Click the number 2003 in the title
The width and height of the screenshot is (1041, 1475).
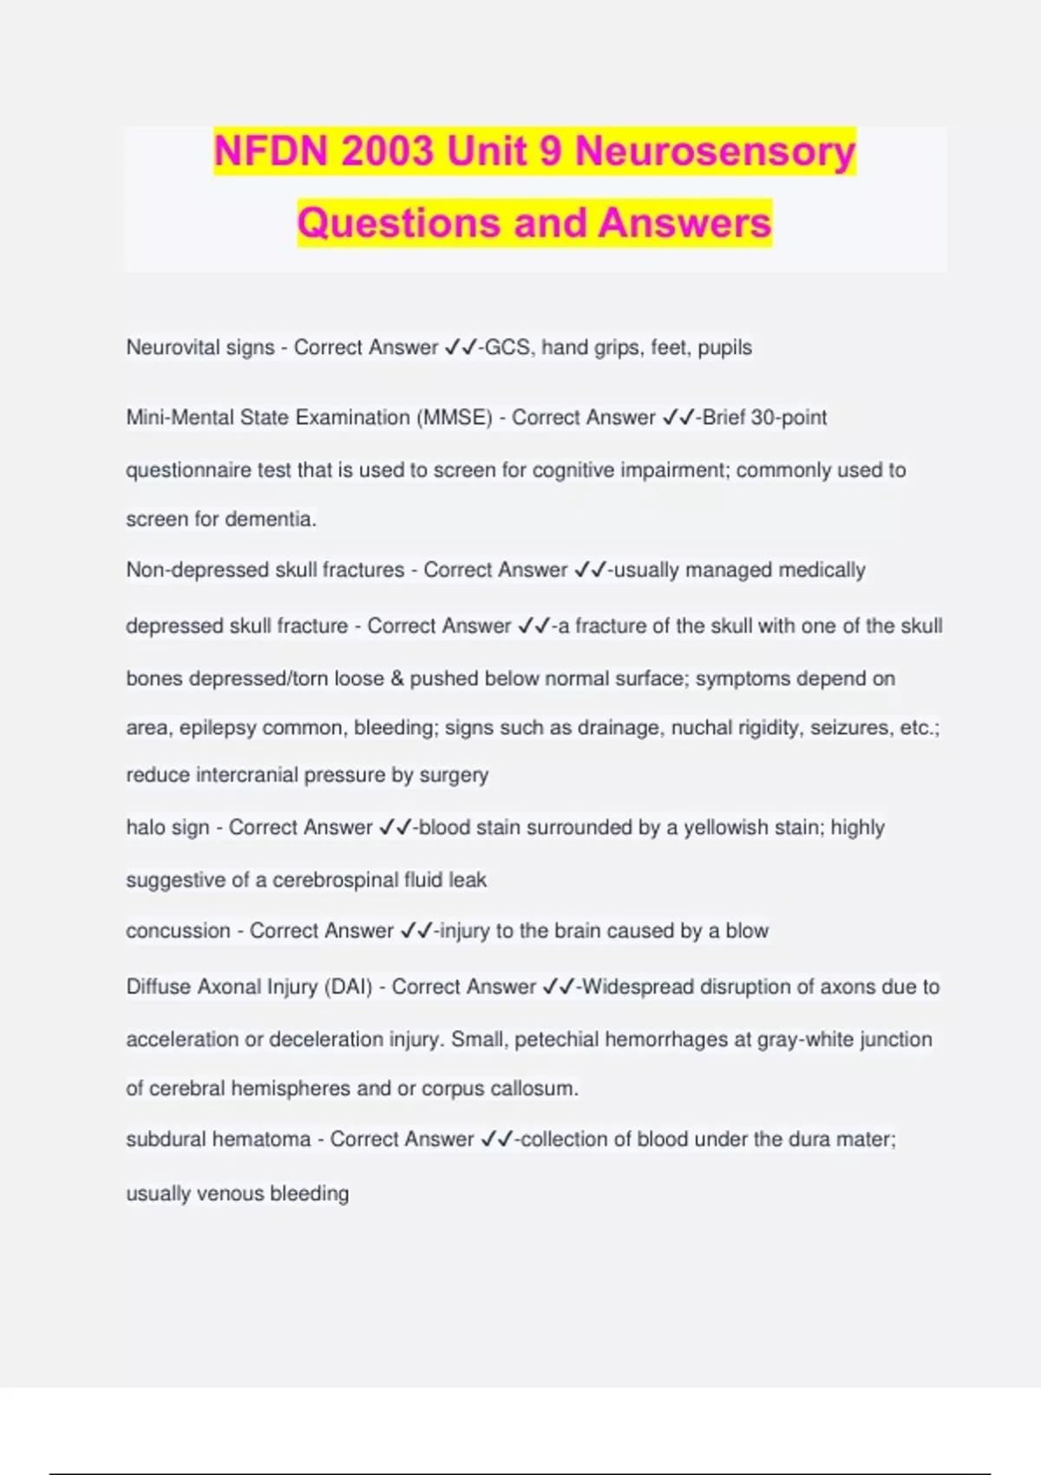click(387, 152)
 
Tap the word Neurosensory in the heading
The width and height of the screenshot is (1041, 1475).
click(715, 152)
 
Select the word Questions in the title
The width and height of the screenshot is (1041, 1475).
click(399, 223)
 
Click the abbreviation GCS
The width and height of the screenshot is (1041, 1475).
click(507, 348)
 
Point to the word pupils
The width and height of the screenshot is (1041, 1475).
click(724, 348)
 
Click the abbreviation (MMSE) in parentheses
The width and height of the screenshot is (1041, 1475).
click(455, 417)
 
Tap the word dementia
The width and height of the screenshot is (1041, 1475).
click(271, 519)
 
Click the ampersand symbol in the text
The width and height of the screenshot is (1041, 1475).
click(397, 678)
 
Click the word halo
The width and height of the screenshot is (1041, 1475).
click(146, 828)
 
